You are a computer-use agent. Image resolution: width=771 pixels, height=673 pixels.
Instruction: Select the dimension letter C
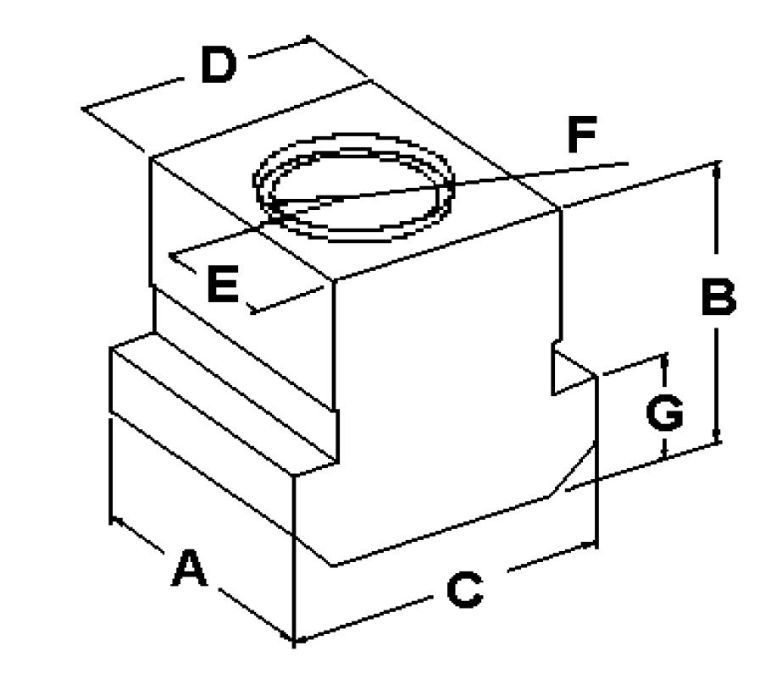point(464,590)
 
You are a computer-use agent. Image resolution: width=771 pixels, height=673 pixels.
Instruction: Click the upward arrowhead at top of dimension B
point(717,168)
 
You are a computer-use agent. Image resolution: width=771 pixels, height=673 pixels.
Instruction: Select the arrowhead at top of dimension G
point(663,359)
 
